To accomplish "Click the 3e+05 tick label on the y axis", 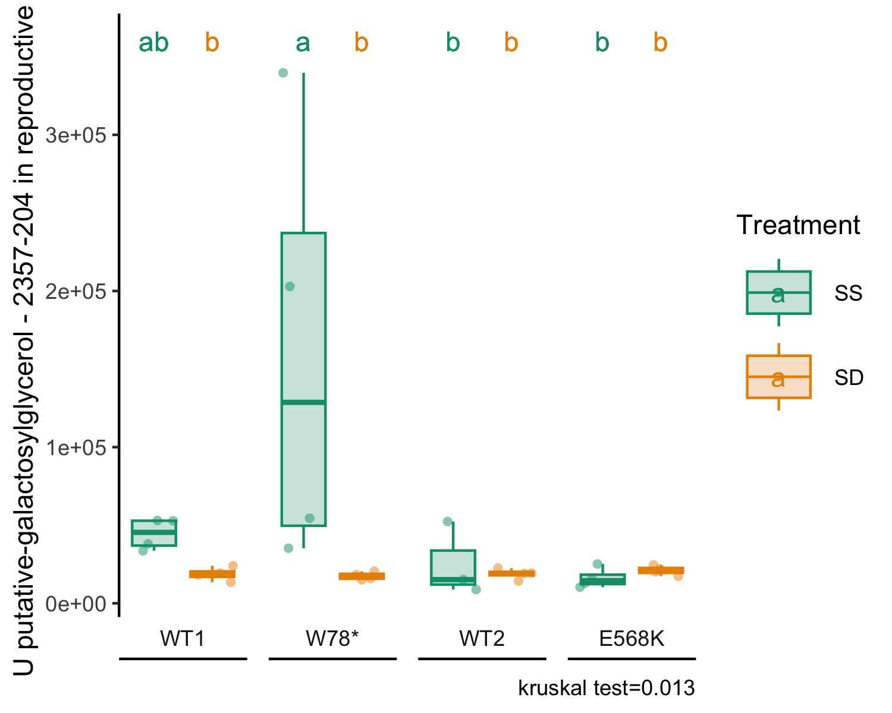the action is click(76, 135).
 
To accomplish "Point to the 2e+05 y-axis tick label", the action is click(76, 292).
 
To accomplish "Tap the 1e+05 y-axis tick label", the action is click(76, 448).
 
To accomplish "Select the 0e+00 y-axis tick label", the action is click(76, 604).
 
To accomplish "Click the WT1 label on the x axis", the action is click(183, 638).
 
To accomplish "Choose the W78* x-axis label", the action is click(332, 638).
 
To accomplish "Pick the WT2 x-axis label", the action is click(482, 638).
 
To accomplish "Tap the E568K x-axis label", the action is click(632, 638).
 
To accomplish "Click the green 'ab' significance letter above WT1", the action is click(154, 43).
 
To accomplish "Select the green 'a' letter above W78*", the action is click(303, 43).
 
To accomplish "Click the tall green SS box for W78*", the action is click(304, 379).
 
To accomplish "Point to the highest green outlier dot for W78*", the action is click(283, 73).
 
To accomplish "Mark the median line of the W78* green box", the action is click(304, 402).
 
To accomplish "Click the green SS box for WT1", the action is click(154, 533).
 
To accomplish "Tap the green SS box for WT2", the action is click(453, 567).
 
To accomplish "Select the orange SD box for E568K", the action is click(661, 570).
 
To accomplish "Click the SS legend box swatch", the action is click(778, 292).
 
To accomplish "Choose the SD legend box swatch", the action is click(778, 377).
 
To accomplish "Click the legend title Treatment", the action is click(798, 225).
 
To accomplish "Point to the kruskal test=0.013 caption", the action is click(607, 688).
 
